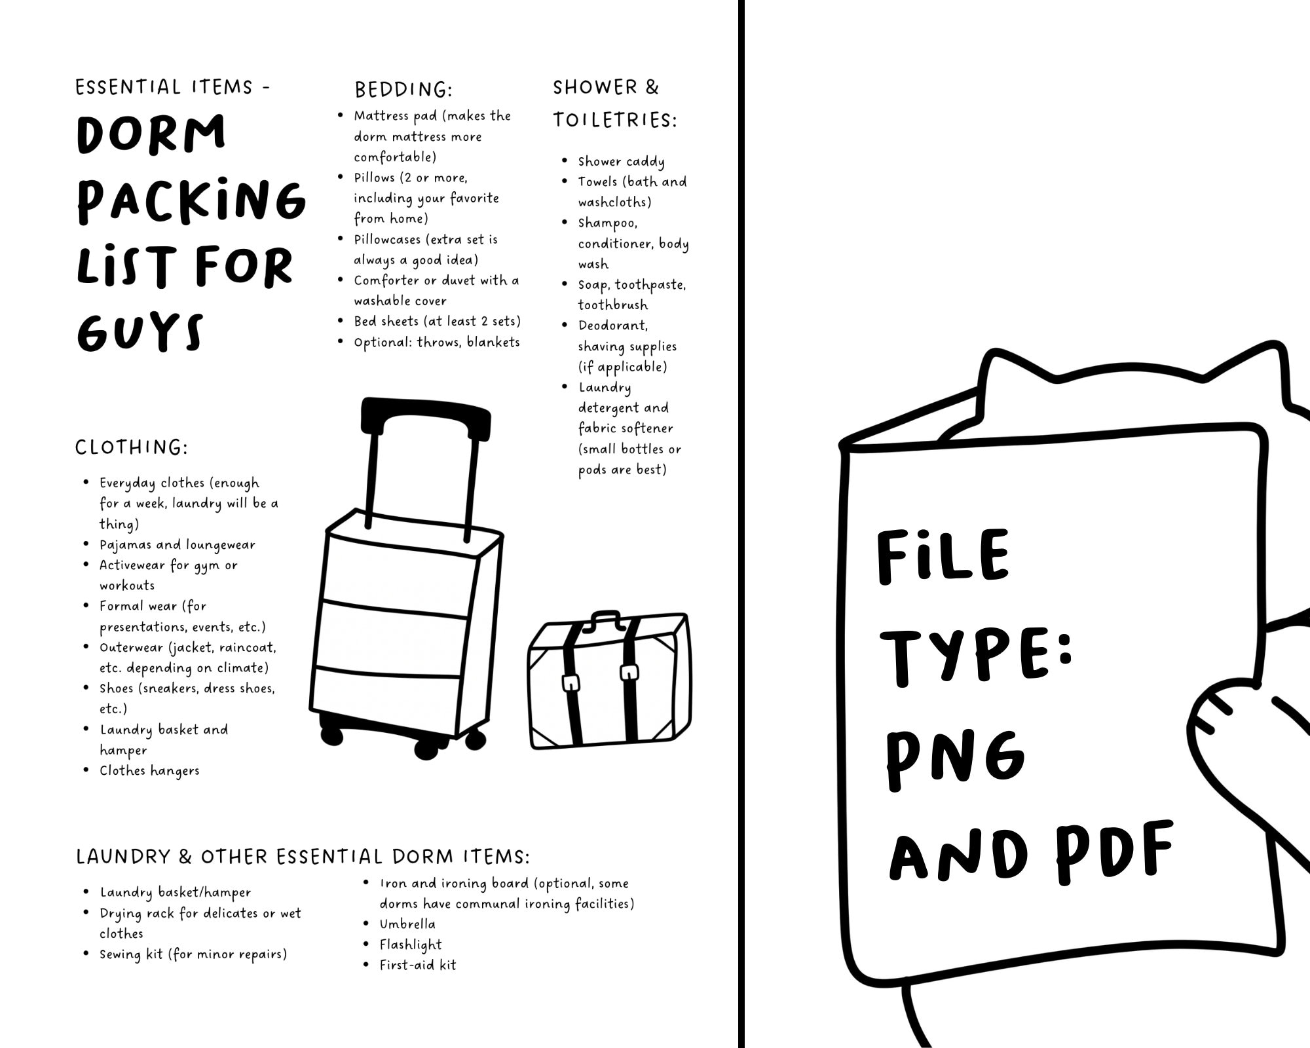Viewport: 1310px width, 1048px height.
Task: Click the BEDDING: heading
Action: [x=403, y=90]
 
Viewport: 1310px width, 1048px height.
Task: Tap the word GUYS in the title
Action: [x=140, y=333]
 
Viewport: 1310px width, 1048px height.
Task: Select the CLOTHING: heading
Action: [x=131, y=447]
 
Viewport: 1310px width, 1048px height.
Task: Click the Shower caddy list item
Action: [x=620, y=162]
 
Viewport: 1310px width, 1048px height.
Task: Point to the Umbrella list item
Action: [x=407, y=924]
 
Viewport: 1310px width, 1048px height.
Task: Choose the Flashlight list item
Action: [x=410, y=945]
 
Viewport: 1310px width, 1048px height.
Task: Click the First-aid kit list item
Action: [x=417, y=965]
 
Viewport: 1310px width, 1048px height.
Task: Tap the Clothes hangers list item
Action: [x=149, y=771]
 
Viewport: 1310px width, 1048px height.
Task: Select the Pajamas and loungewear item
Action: [x=177, y=545]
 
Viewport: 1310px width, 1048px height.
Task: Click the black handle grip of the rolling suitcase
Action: [x=426, y=413]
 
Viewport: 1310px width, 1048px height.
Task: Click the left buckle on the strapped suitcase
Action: [x=571, y=682]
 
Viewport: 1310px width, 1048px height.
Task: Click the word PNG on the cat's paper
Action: [x=955, y=760]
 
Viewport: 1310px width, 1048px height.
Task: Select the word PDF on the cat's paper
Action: [x=1113, y=851]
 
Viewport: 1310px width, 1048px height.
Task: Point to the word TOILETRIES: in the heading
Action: [x=614, y=121]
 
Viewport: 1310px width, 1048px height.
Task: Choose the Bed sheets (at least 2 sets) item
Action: [x=437, y=322]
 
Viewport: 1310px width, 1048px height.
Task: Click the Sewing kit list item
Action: [x=193, y=954]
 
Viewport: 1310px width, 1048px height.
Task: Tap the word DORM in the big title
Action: [x=151, y=135]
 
